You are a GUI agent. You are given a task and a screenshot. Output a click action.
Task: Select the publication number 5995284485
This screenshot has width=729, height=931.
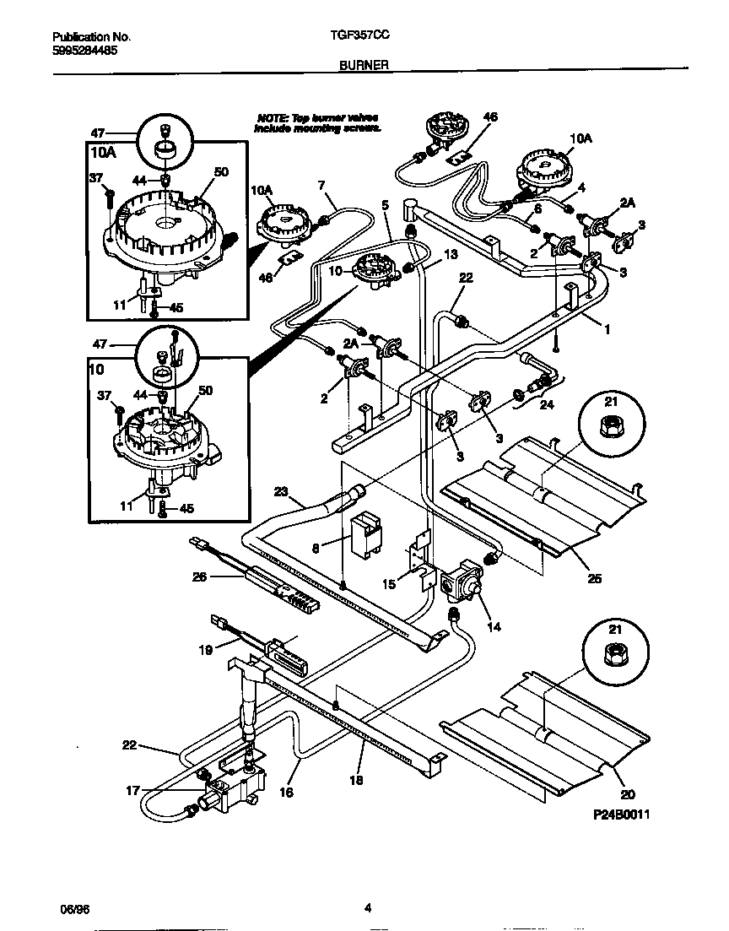click(84, 50)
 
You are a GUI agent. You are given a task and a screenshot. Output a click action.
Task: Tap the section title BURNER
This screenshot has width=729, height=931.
click(364, 63)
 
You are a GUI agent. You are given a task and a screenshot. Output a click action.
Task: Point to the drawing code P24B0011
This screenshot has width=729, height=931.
click(621, 815)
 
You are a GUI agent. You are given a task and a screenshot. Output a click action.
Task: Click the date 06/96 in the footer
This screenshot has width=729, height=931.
click(74, 909)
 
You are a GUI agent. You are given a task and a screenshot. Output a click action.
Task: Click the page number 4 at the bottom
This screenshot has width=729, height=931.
click(368, 909)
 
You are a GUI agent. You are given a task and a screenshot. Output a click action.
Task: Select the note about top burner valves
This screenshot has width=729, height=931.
click(318, 122)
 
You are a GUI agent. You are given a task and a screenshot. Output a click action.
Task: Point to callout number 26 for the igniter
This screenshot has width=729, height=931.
click(200, 578)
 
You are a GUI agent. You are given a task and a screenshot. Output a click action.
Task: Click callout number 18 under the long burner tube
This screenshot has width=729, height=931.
click(356, 780)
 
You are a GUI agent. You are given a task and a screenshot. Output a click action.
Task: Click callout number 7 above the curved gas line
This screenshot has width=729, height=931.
click(321, 185)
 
